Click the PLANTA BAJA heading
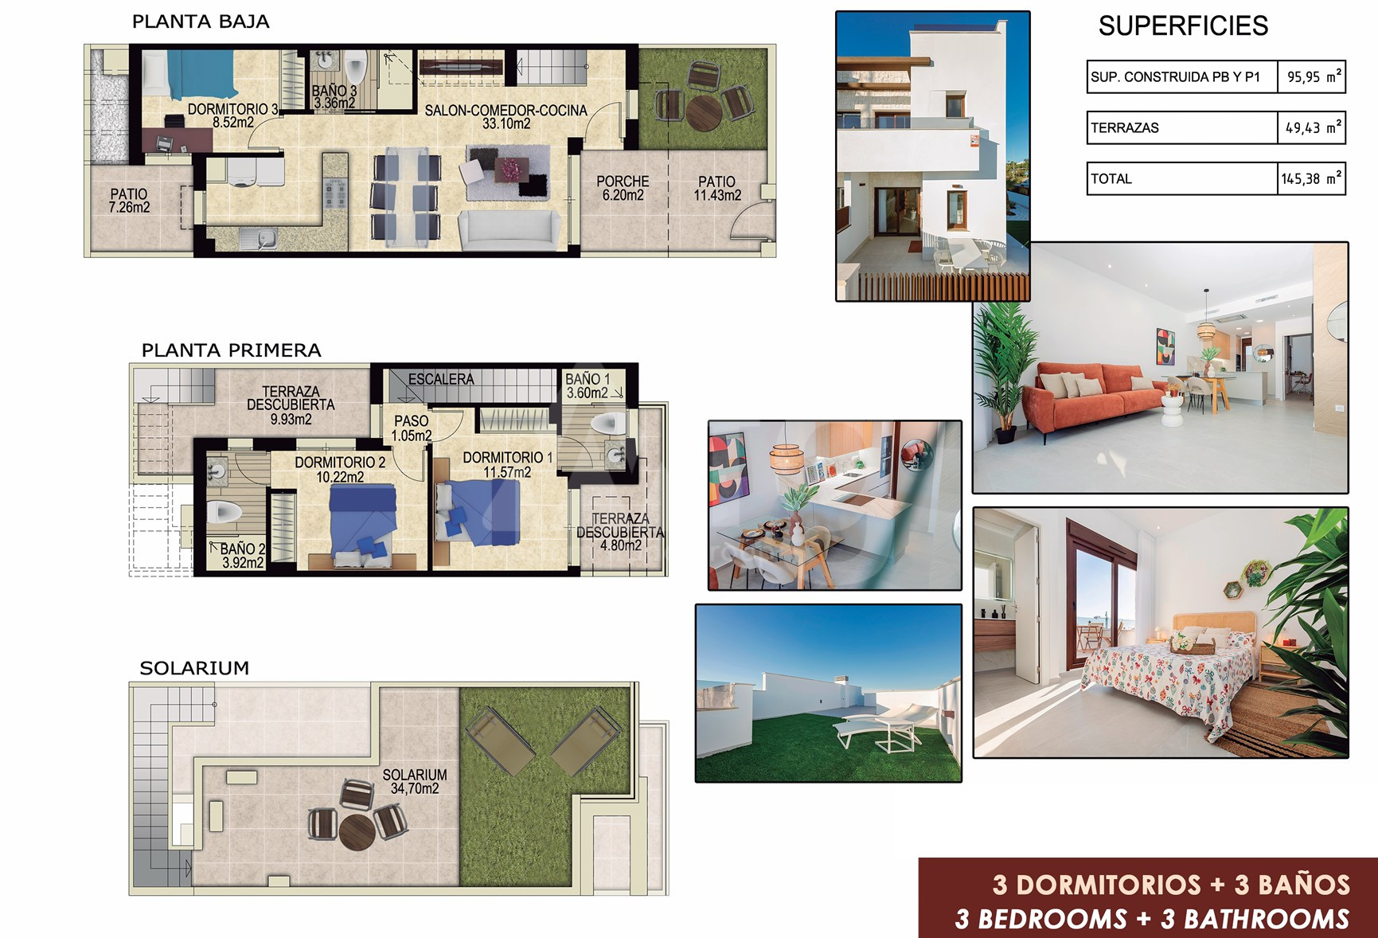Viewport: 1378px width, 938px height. point(201,22)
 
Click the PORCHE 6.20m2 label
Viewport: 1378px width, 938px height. point(623,188)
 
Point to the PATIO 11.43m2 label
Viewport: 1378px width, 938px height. point(717,188)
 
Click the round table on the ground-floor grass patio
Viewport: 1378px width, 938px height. point(704,113)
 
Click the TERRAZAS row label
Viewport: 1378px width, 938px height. point(1125,127)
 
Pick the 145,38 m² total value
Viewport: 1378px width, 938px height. point(1312,178)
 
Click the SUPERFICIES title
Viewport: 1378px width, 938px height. point(1183,26)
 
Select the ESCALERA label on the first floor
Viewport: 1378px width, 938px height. point(441,380)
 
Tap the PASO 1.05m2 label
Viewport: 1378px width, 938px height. point(412,428)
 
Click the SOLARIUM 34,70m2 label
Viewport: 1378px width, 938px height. point(415,781)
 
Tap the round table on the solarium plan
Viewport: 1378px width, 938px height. point(357,832)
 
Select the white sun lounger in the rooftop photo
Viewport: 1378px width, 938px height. point(885,728)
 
